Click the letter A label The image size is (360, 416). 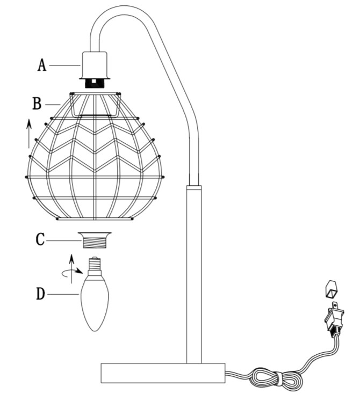point(42,65)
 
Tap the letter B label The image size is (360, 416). point(37,103)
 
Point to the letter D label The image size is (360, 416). point(40,294)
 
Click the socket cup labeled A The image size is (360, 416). point(95,64)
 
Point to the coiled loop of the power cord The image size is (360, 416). point(275,379)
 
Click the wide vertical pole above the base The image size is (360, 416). point(193,274)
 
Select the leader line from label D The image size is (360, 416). point(64,294)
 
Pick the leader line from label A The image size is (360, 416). point(65,65)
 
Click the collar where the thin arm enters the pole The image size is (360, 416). point(193,188)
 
